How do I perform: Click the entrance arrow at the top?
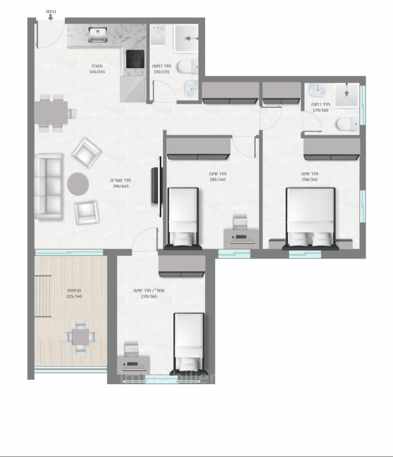tap(50, 17)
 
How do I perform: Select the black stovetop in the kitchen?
tap(135, 59)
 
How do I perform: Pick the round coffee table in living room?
tap(79, 183)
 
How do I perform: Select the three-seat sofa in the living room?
tap(49, 186)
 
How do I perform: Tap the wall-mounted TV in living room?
tap(156, 186)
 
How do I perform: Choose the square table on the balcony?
tap(80, 337)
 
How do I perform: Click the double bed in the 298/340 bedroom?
tap(310, 217)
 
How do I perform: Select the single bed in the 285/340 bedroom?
tap(182, 216)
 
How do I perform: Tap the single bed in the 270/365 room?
tap(189, 343)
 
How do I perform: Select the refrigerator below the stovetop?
tap(132, 89)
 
